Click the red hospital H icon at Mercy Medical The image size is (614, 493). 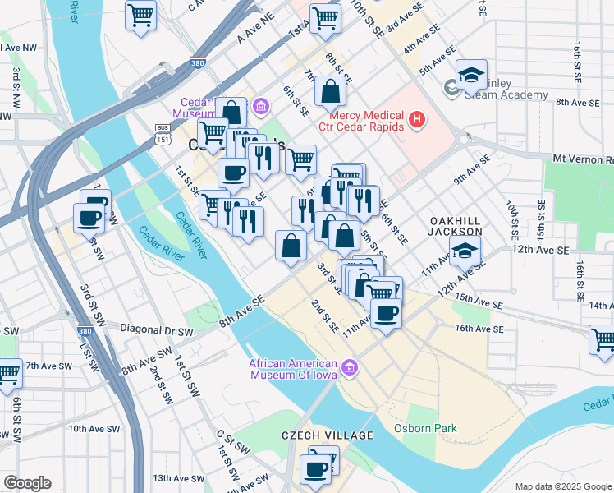(x=417, y=121)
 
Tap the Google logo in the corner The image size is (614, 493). (x=27, y=483)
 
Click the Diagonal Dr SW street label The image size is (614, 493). (x=156, y=332)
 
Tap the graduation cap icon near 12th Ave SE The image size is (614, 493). (x=465, y=251)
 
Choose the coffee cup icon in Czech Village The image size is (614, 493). (x=316, y=469)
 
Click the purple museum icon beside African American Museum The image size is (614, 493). (x=351, y=366)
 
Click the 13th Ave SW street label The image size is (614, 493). (x=172, y=477)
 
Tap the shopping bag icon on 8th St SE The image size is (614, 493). (x=329, y=92)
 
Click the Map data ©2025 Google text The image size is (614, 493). (x=563, y=486)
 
